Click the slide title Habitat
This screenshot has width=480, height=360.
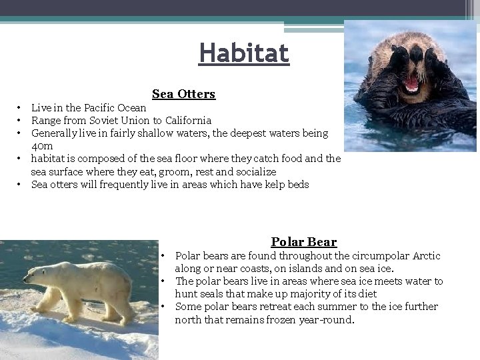coord(244,53)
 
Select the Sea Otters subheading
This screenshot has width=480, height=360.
coord(183,94)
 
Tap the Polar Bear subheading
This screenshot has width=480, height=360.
coord(303,242)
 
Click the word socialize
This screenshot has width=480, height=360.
coord(255,172)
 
